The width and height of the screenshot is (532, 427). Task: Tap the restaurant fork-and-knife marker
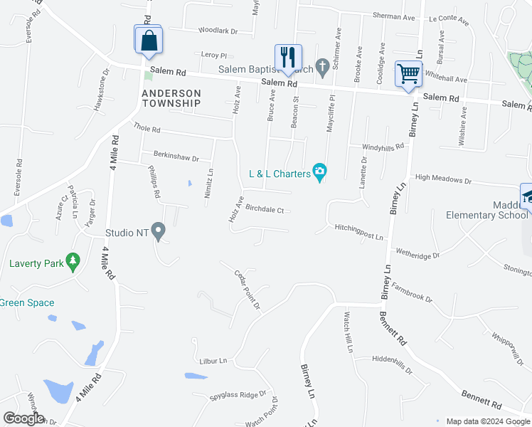point(288,58)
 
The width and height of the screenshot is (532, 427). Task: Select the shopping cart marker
point(408,73)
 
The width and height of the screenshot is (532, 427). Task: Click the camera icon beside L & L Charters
point(319,172)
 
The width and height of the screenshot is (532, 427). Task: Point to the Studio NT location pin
point(159,231)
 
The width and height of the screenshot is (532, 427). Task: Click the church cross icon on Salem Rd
point(321,68)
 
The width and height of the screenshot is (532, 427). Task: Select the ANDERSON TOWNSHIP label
point(171,98)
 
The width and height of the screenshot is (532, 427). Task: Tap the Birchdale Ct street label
point(265,210)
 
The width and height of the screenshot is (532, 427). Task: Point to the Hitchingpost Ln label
point(359,232)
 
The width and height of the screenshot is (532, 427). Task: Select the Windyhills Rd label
point(383,146)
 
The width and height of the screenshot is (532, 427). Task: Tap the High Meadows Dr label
point(444,179)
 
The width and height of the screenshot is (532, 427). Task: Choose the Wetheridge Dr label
point(417,253)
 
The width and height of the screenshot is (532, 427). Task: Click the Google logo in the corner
point(23,418)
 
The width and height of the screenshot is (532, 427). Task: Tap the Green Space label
point(27,302)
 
